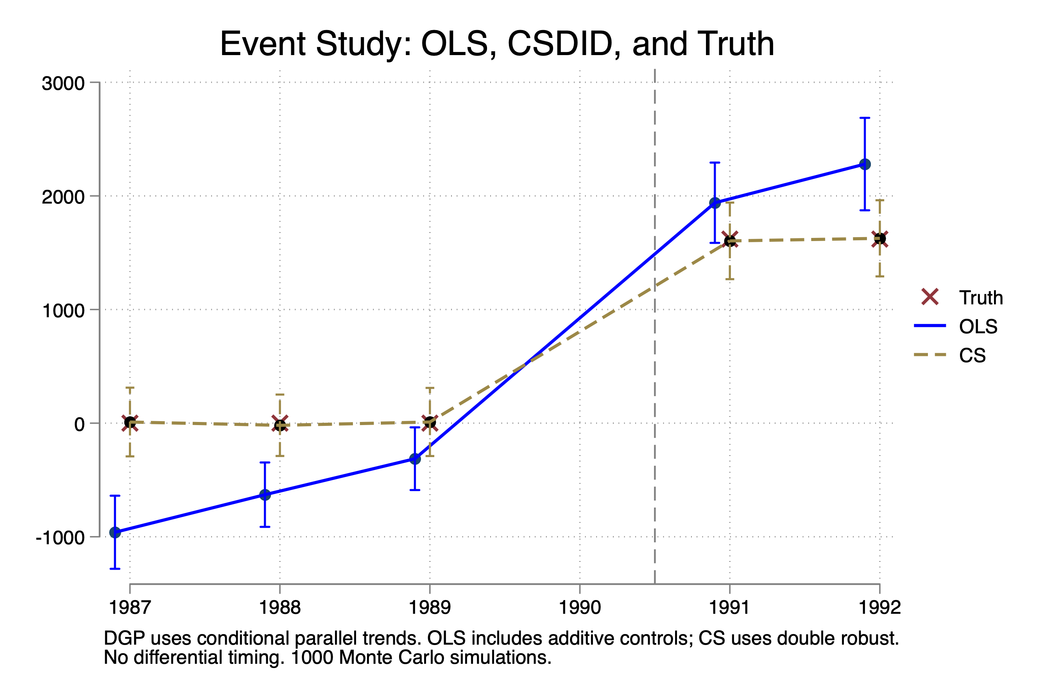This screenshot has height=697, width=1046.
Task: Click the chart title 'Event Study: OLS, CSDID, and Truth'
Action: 497,44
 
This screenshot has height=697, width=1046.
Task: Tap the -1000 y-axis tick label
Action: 60,538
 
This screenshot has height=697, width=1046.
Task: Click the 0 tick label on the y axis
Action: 80,424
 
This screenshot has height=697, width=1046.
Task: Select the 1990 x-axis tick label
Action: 579,607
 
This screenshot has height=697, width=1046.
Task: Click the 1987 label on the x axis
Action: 130,607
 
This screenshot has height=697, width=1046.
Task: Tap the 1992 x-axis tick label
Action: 879,607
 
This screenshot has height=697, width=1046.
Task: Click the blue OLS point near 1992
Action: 865,164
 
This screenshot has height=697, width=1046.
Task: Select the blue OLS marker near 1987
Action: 115,532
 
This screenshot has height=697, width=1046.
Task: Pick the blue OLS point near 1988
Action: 265,495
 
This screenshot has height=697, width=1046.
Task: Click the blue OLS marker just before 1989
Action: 415,459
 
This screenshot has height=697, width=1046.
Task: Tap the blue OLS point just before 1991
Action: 715,203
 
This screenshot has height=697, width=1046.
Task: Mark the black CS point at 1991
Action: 730,241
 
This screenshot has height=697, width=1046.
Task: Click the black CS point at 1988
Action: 280,425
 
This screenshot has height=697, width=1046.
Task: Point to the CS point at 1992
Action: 879,239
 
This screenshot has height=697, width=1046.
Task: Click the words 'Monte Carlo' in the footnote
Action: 391,658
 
